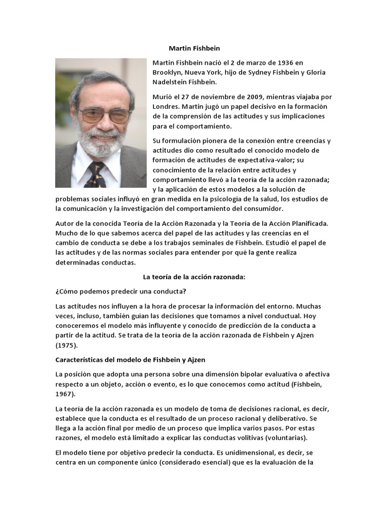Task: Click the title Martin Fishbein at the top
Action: (x=194, y=48)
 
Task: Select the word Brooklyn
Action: (x=167, y=72)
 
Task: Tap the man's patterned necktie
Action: (x=96, y=175)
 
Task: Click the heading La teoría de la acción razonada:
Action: (x=194, y=277)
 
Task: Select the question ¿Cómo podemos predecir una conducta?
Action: (x=121, y=291)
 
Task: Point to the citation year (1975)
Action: (x=66, y=345)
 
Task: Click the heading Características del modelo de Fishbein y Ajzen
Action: (x=130, y=360)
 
